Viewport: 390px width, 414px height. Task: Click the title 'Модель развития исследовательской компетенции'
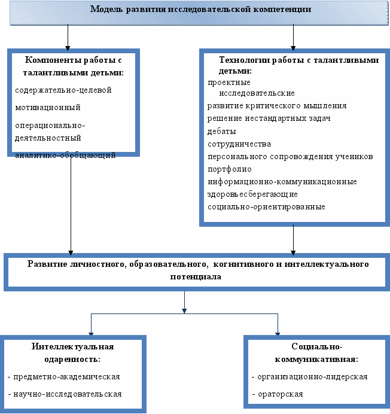click(200, 9)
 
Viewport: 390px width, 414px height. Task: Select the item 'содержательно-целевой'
click(63, 90)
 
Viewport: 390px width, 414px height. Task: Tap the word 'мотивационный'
click(48, 108)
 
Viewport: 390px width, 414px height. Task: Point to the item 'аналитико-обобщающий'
click(65, 155)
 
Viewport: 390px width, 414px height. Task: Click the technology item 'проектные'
click(229, 83)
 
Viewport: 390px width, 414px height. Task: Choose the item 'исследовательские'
click(257, 93)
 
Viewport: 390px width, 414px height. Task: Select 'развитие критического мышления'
click(277, 106)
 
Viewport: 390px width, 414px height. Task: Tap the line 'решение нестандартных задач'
click(269, 118)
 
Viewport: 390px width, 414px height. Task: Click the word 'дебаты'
click(221, 131)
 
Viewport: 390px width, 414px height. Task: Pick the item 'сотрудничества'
click(239, 144)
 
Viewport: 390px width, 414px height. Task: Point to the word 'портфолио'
click(230, 169)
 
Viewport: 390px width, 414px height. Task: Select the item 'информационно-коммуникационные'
click(282, 182)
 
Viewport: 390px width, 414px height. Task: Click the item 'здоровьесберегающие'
click(252, 194)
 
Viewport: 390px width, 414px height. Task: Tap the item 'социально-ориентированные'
click(266, 207)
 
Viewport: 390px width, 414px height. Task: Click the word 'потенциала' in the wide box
click(196, 277)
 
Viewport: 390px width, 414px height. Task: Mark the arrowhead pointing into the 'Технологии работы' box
click(293, 48)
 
